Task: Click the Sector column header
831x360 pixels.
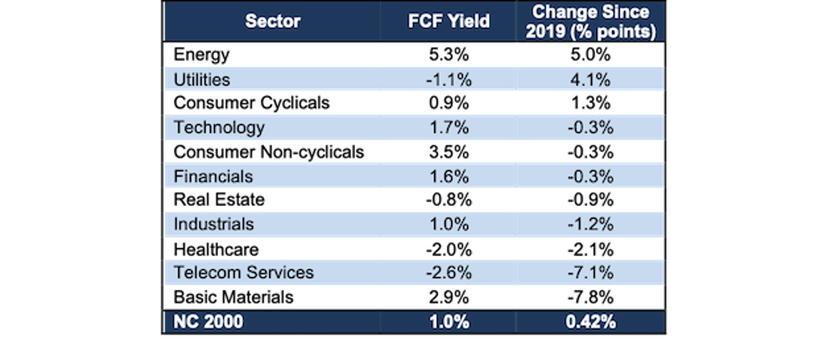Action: pyautogui.click(x=273, y=22)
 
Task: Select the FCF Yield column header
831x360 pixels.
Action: pyautogui.click(x=448, y=22)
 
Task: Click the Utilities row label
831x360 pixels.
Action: pyautogui.click(x=202, y=80)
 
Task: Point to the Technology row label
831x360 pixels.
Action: pyautogui.click(x=218, y=128)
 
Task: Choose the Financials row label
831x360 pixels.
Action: pyautogui.click(x=213, y=176)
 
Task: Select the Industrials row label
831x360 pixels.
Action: pyautogui.click(x=214, y=224)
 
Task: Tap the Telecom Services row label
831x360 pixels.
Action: pyautogui.click(x=243, y=273)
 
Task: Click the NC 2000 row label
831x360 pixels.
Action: pyautogui.click(x=209, y=322)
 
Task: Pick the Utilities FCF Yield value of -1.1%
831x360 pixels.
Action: pyautogui.click(x=448, y=80)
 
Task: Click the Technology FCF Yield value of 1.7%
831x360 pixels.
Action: pyautogui.click(x=448, y=128)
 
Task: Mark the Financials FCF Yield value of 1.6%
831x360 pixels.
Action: pyautogui.click(x=448, y=176)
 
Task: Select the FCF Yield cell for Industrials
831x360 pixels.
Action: pyautogui.click(x=448, y=224)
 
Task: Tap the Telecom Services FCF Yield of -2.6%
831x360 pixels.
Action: pyautogui.click(x=448, y=273)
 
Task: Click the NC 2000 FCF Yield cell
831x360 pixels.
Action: pyautogui.click(x=448, y=322)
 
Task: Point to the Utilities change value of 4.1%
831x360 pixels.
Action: pyautogui.click(x=592, y=80)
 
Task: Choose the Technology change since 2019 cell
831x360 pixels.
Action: pyautogui.click(x=592, y=128)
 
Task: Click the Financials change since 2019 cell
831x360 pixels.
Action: pyautogui.click(x=592, y=176)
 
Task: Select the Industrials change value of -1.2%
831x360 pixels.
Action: pyautogui.click(x=592, y=224)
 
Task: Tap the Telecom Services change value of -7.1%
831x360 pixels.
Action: pyautogui.click(x=592, y=273)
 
